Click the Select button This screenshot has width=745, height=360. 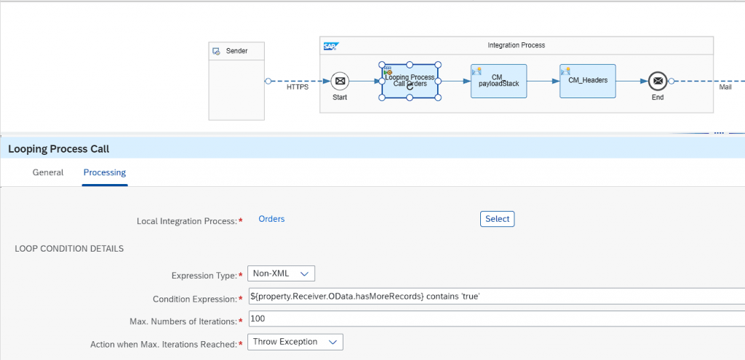[x=497, y=219]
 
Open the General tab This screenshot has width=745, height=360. [x=48, y=172]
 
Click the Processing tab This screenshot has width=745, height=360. [x=105, y=172]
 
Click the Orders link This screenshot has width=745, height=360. [x=271, y=219]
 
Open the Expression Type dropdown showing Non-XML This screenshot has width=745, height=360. [x=281, y=273]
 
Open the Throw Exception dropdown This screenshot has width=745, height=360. [x=295, y=342]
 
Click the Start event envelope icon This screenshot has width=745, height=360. [x=340, y=81]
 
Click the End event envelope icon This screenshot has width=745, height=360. [x=658, y=81]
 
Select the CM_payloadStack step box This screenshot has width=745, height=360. [x=498, y=81]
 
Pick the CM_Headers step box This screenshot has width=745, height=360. [x=587, y=81]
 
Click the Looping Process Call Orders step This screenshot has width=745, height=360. [x=410, y=81]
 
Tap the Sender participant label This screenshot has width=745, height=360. [x=236, y=51]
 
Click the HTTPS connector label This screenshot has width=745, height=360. [x=298, y=87]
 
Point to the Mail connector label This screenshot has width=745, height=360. [x=725, y=87]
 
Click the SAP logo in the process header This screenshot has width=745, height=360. [x=330, y=46]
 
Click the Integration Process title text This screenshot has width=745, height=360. [x=516, y=45]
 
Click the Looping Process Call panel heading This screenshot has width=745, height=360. [x=58, y=149]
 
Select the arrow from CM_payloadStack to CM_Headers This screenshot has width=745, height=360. [x=543, y=81]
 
